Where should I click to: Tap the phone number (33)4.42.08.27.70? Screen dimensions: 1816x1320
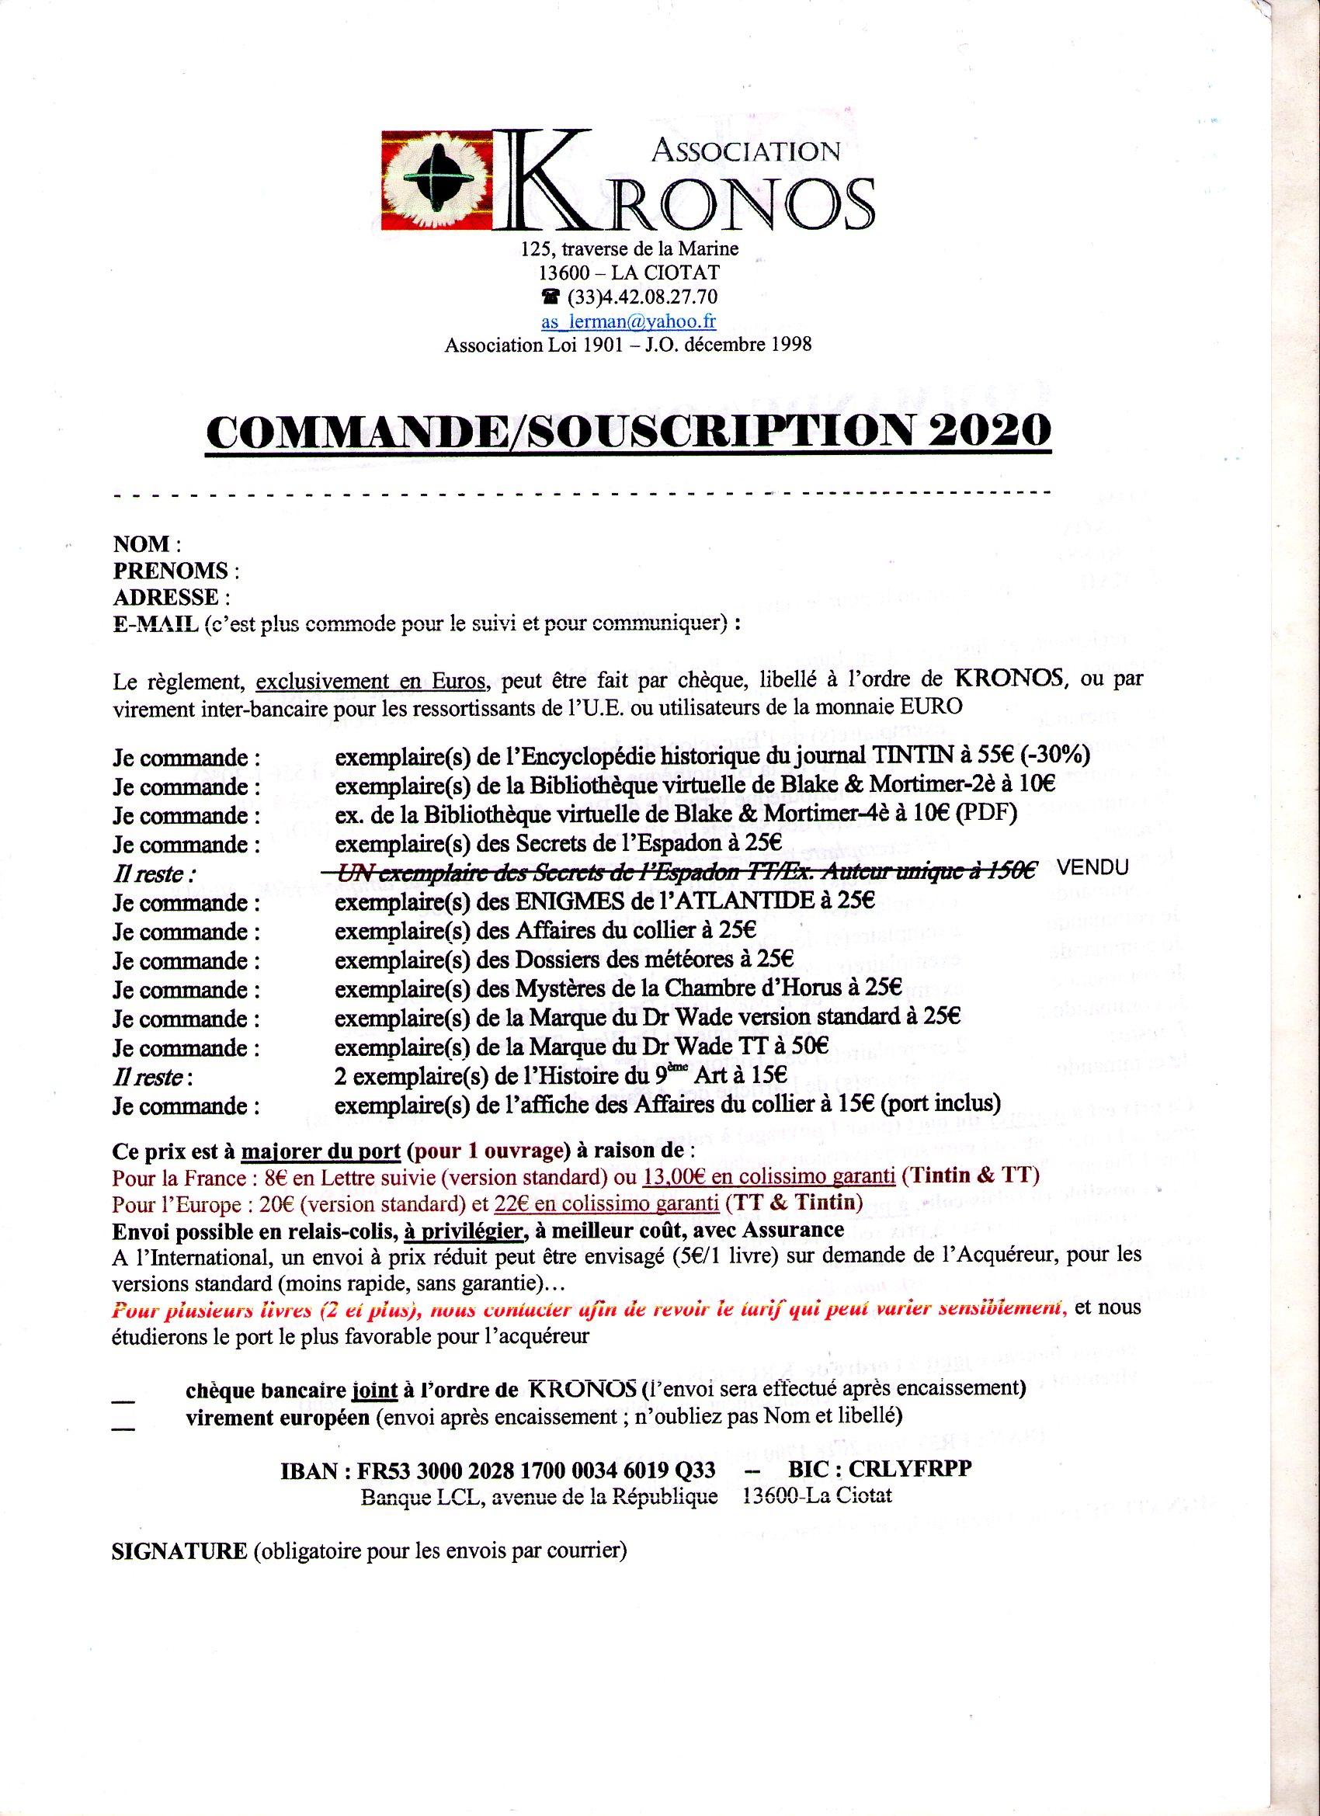[641, 297]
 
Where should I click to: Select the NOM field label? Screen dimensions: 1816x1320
[142, 544]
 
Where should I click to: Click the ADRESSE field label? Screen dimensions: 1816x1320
[166, 597]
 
